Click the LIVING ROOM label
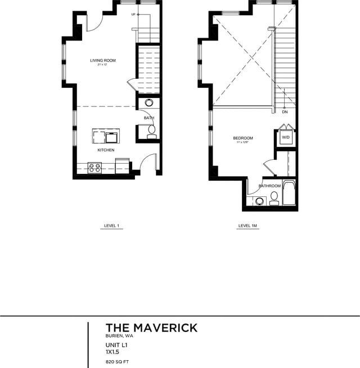[x=103, y=60]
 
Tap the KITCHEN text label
[x=106, y=150]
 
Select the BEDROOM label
[x=243, y=138]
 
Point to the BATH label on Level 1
[x=148, y=118]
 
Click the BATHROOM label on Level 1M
[x=269, y=186]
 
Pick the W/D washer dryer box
[x=285, y=137]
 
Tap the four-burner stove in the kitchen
[x=94, y=167]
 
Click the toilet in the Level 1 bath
[x=151, y=131]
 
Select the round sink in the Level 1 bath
[x=150, y=103]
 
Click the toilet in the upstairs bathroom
[x=274, y=198]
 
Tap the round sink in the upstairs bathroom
[x=260, y=201]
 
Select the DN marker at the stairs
[x=285, y=112]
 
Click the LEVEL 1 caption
[x=111, y=226]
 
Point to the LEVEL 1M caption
[x=248, y=226]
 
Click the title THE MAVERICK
[x=151, y=327]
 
